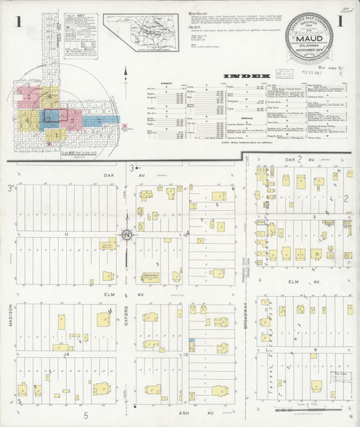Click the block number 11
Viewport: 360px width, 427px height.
[66, 234]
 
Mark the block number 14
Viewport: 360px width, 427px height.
[66, 354]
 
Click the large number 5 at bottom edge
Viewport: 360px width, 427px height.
[86, 416]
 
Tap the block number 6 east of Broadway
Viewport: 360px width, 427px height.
[315, 349]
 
